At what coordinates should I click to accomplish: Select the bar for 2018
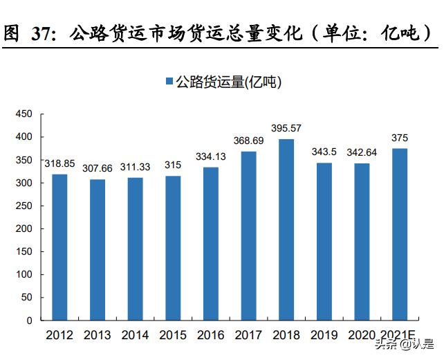pos(286,230)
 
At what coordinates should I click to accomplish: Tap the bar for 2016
pos(211,244)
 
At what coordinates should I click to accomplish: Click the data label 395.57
pos(286,129)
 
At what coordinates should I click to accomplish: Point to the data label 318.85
pos(59,164)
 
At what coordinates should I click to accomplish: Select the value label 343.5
pos(324,152)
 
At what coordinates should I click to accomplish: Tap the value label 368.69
pos(248,141)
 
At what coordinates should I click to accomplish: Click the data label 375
pos(400,138)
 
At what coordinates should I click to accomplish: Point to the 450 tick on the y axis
pos(24,114)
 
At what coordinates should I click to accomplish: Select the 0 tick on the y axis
pos(29,321)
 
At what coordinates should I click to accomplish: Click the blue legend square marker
pos(169,82)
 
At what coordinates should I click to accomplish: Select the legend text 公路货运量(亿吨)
pos(228,82)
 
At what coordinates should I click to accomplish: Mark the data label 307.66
pos(98,168)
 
